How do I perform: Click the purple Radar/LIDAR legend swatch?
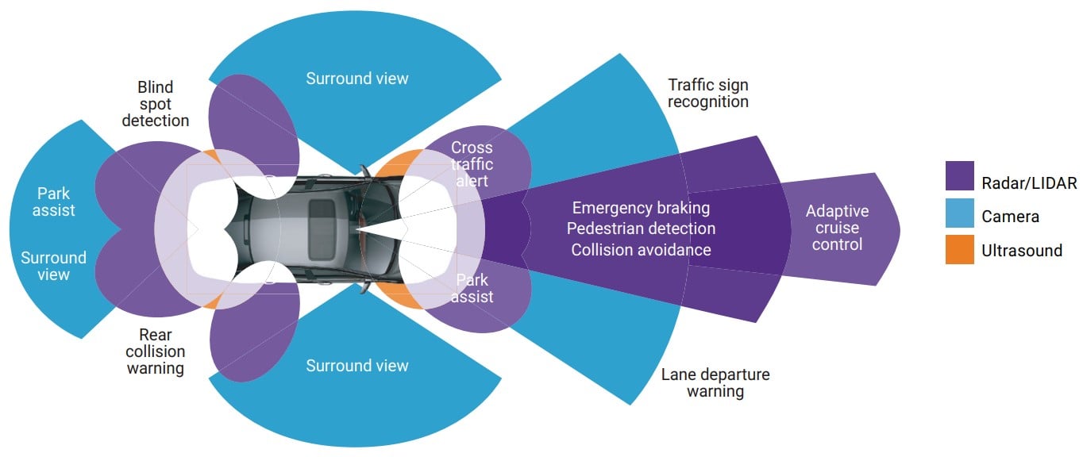tap(959, 175)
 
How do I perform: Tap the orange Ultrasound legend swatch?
tap(959, 250)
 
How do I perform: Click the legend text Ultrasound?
tap(1022, 251)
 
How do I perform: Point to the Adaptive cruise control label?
tap(837, 228)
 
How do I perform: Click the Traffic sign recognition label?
tap(707, 93)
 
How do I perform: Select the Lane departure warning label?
tap(715, 382)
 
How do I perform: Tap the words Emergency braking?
tap(641, 208)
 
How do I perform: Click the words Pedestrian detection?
tap(641, 228)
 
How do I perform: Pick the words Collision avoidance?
tap(641, 249)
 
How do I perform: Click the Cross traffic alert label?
tap(472, 164)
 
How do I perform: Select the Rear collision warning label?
tap(155, 351)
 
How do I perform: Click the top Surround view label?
tap(357, 78)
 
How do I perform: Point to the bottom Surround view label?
tap(357, 366)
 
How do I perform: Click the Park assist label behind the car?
tap(55, 202)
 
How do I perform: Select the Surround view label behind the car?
tap(53, 266)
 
